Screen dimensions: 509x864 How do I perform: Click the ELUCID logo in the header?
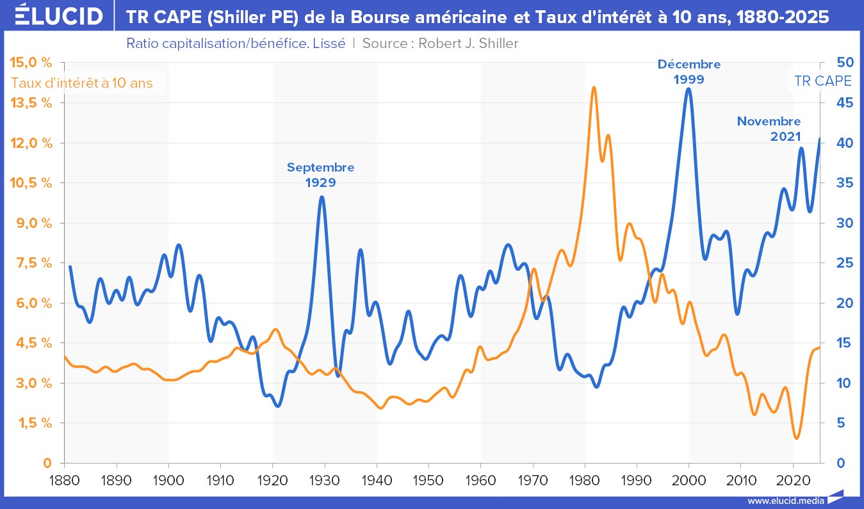coord(58,15)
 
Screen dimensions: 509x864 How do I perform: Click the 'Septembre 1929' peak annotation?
coord(320,174)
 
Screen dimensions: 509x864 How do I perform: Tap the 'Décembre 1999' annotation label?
coord(689,72)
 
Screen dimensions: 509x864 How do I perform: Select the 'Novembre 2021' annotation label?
coord(769,128)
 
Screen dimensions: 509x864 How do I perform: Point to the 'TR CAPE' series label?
coord(822,81)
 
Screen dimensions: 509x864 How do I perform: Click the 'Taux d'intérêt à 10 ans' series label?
coord(82,83)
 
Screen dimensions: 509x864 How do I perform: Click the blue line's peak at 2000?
coord(689,88)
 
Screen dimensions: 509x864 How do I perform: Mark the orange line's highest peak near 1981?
coord(594,87)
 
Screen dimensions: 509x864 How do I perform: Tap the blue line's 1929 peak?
coord(322,197)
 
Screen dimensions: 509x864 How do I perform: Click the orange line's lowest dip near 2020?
coord(796,439)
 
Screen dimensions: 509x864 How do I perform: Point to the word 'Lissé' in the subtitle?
coord(330,44)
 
